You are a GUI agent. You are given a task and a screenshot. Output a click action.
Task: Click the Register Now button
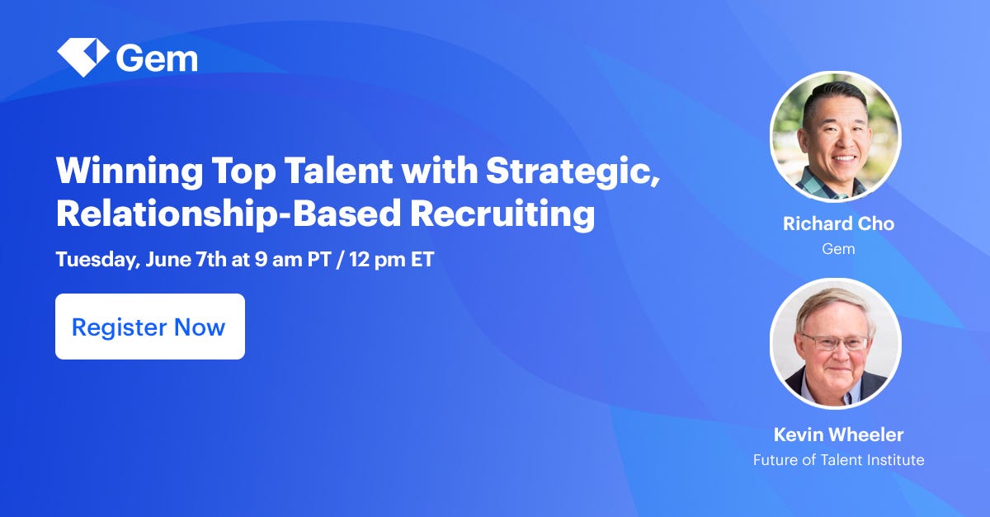click(x=149, y=327)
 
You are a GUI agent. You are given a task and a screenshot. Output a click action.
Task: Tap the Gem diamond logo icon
click(x=82, y=57)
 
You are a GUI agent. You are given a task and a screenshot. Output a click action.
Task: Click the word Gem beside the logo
click(x=157, y=58)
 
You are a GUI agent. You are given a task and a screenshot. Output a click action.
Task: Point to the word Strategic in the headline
click(x=572, y=172)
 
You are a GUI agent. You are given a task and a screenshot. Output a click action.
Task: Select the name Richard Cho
click(x=837, y=223)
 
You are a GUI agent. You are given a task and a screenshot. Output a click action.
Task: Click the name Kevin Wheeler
click(x=837, y=434)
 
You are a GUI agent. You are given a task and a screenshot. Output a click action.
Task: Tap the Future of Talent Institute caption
click(x=837, y=460)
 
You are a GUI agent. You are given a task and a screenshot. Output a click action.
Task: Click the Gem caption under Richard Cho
click(x=837, y=248)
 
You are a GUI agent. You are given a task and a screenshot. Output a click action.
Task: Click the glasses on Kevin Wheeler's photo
click(x=834, y=341)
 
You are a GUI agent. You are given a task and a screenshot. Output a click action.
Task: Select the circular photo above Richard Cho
click(x=835, y=137)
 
